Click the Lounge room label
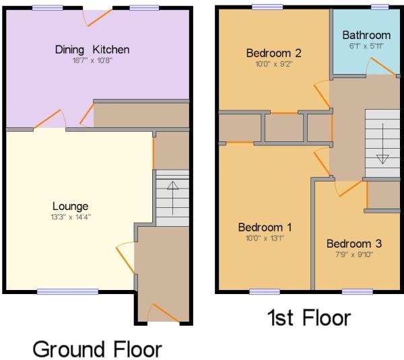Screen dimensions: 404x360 pos(70,206)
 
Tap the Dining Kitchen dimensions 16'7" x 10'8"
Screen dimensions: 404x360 pos(92,61)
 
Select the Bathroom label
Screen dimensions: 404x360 pos(366,35)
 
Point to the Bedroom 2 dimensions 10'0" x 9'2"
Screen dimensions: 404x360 pos(273,64)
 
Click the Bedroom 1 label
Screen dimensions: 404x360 pos(265,227)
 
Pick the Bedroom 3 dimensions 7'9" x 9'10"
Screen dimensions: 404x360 pos(354,254)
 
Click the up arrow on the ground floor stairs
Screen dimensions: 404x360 pos(172,198)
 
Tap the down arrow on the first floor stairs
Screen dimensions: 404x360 pos(382,144)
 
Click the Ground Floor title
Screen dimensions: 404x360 pos(98,349)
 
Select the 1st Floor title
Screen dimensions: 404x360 pos(309,318)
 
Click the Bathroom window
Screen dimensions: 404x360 pos(380,7)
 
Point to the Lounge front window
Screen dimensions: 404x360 pos(68,292)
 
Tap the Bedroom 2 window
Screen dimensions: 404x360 pos(267,7)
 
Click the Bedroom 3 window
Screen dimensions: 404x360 pos(358,292)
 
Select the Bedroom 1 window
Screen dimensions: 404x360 pos(265,292)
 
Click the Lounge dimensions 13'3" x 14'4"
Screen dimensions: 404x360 pos(71,217)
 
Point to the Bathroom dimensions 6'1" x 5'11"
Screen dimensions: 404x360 pos(366,46)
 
